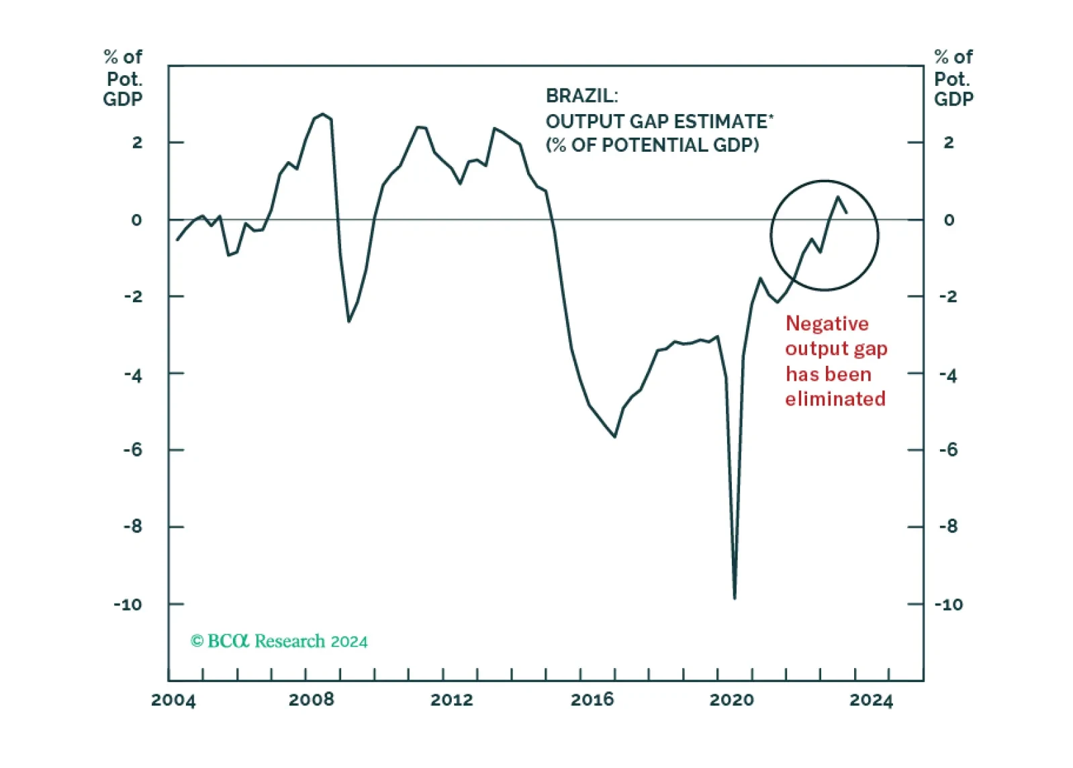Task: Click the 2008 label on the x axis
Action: [x=312, y=700]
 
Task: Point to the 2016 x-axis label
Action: [x=592, y=700]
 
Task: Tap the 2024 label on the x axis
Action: [x=872, y=700]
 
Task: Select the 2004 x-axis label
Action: [x=173, y=700]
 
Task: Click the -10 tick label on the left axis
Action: [x=128, y=605]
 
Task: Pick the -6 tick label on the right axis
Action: [x=949, y=450]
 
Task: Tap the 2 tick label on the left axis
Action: [x=138, y=142]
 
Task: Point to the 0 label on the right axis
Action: [x=949, y=220]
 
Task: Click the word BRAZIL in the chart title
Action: [x=582, y=96]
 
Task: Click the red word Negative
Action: [x=827, y=324]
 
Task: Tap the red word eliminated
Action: [x=835, y=398]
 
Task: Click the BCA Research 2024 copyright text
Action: [x=279, y=641]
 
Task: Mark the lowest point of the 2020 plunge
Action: [x=735, y=599]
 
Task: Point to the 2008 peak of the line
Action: [x=323, y=114]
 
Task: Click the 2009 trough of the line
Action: [x=348, y=322]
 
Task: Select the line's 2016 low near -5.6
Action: [x=614, y=436]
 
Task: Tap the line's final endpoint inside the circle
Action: [x=847, y=213]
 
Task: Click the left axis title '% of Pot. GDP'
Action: [x=123, y=78]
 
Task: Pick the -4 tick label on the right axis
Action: [x=949, y=376]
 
